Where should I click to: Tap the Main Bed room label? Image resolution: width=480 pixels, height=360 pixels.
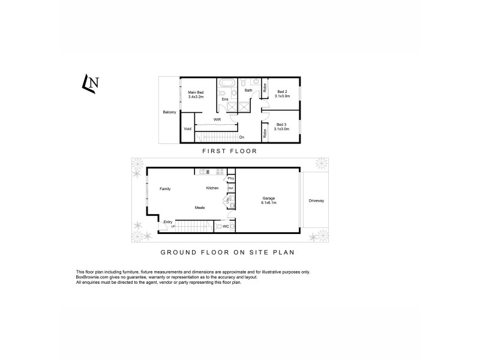tap(196, 92)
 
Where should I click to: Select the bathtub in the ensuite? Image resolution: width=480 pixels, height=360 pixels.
tap(227, 85)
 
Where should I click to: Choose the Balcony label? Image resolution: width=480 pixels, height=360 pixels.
tap(169, 112)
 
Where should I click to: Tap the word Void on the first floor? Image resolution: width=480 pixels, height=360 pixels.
tap(187, 128)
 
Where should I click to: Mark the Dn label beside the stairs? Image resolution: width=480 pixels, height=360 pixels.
tap(241, 137)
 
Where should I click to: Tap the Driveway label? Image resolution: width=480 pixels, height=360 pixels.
tap(316, 200)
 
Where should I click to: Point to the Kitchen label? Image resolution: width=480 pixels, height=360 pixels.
tap(212, 188)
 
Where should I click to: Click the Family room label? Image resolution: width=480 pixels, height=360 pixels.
tap(165, 189)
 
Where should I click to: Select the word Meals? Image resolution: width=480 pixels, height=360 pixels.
tap(200, 208)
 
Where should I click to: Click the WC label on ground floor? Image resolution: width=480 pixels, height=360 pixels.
tap(226, 227)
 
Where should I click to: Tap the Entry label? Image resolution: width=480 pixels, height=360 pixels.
tap(168, 222)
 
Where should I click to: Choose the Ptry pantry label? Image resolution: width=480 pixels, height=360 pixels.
tap(230, 178)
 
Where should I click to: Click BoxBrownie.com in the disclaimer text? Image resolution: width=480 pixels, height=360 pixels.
tap(93, 277)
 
